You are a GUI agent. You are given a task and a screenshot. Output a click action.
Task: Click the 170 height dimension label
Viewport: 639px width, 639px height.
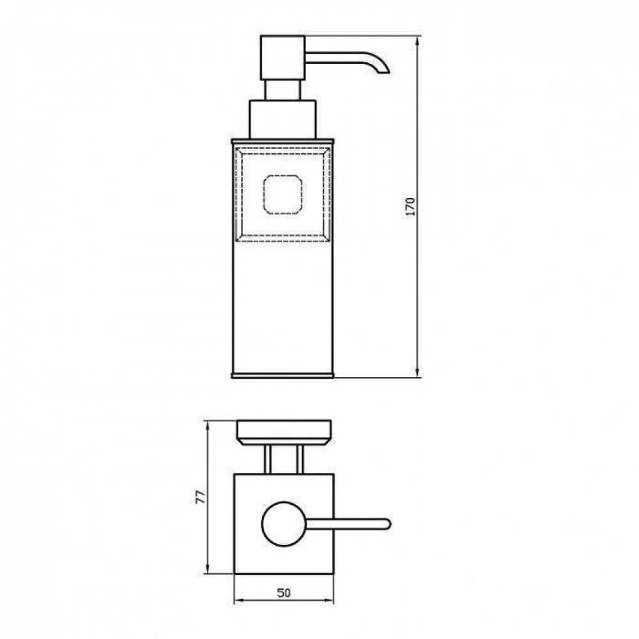click(410, 206)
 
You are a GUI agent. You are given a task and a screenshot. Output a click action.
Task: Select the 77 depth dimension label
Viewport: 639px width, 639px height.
click(201, 497)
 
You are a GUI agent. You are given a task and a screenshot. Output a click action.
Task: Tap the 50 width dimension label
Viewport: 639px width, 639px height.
click(284, 593)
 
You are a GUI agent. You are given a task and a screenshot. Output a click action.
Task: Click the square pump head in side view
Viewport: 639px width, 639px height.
click(283, 58)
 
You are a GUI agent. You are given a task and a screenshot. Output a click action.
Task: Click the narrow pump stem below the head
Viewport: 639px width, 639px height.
click(283, 90)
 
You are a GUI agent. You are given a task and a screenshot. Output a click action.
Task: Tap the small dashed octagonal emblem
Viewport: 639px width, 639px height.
click(283, 194)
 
